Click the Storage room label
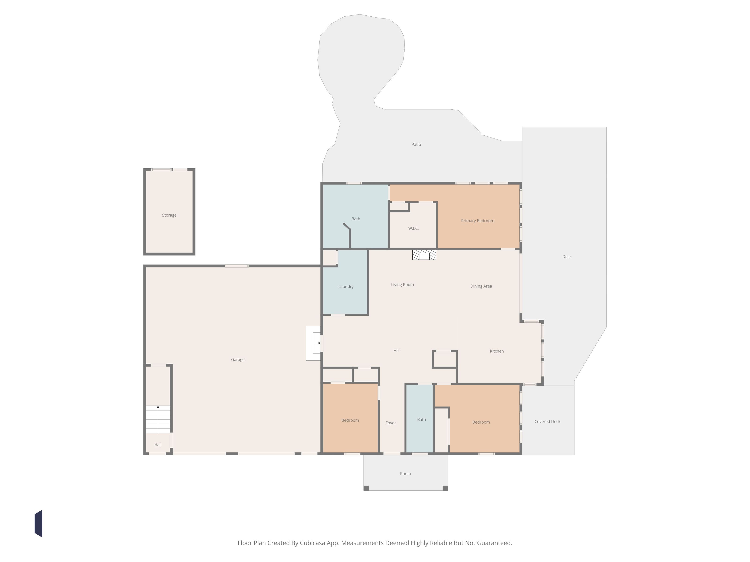tap(169, 215)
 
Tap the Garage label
tap(238, 359)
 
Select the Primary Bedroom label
tap(477, 221)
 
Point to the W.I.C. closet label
tap(413, 228)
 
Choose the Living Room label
tap(402, 285)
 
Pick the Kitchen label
tap(497, 351)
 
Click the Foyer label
tap(391, 423)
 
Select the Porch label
tap(405, 473)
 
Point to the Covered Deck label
tap(547, 421)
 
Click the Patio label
tap(416, 144)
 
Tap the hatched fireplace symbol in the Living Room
tap(424, 255)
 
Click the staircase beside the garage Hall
tap(158, 419)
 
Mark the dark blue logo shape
tap(38, 523)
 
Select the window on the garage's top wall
tap(237, 266)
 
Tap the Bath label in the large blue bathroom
tap(356, 219)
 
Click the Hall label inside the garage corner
tap(158, 445)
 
